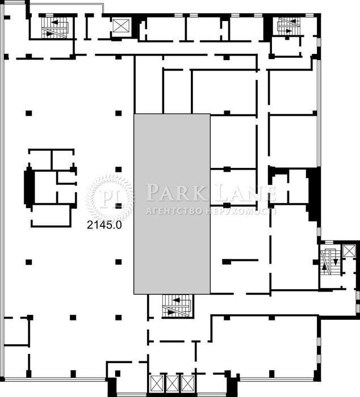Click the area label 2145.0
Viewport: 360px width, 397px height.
click(x=104, y=225)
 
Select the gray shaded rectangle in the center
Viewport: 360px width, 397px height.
click(x=172, y=204)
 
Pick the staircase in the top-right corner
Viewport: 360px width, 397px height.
click(x=288, y=26)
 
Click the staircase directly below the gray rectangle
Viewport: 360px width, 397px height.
click(x=177, y=306)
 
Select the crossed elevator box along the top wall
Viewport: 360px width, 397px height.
click(x=121, y=26)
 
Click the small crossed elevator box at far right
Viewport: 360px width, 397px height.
click(x=349, y=251)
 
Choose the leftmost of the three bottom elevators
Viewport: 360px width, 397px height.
click(x=156, y=383)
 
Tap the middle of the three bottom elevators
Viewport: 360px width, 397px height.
click(x=172, y=383)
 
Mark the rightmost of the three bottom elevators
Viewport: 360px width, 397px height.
click(x=188, y=383)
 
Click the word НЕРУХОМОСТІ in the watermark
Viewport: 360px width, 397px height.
click(x=241, y=211)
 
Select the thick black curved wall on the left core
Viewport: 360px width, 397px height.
click(x=29, y=187)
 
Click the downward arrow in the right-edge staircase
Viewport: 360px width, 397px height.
click(x=335, y=261)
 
